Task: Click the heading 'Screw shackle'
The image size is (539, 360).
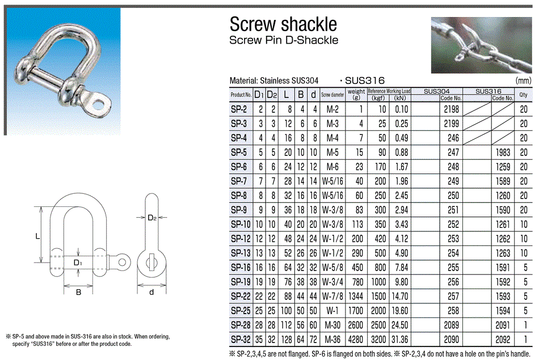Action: [x=283, y=24]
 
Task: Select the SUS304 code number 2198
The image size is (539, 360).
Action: [x=451, y=109]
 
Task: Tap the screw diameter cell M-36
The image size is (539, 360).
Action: [x=332, y=340]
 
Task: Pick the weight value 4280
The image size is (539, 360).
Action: [x=356, y=340]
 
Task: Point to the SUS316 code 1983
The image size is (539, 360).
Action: [x=502, y=153]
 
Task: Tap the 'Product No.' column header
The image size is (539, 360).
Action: [x=241, y=95]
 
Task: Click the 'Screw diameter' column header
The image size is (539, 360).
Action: [x=332, y=95]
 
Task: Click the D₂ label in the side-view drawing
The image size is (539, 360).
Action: [x=151, y=218]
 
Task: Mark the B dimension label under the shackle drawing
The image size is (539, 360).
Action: [x=79, y=292]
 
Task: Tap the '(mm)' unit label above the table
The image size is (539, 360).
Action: [x=523, y=81]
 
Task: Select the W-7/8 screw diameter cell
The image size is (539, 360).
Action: [x=332, y=297]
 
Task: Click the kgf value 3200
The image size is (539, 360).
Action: [x=377, y=340]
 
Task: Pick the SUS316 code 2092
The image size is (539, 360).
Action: [x=502, y=340]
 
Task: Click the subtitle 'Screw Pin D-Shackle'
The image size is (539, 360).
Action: [x=283, y=40]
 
